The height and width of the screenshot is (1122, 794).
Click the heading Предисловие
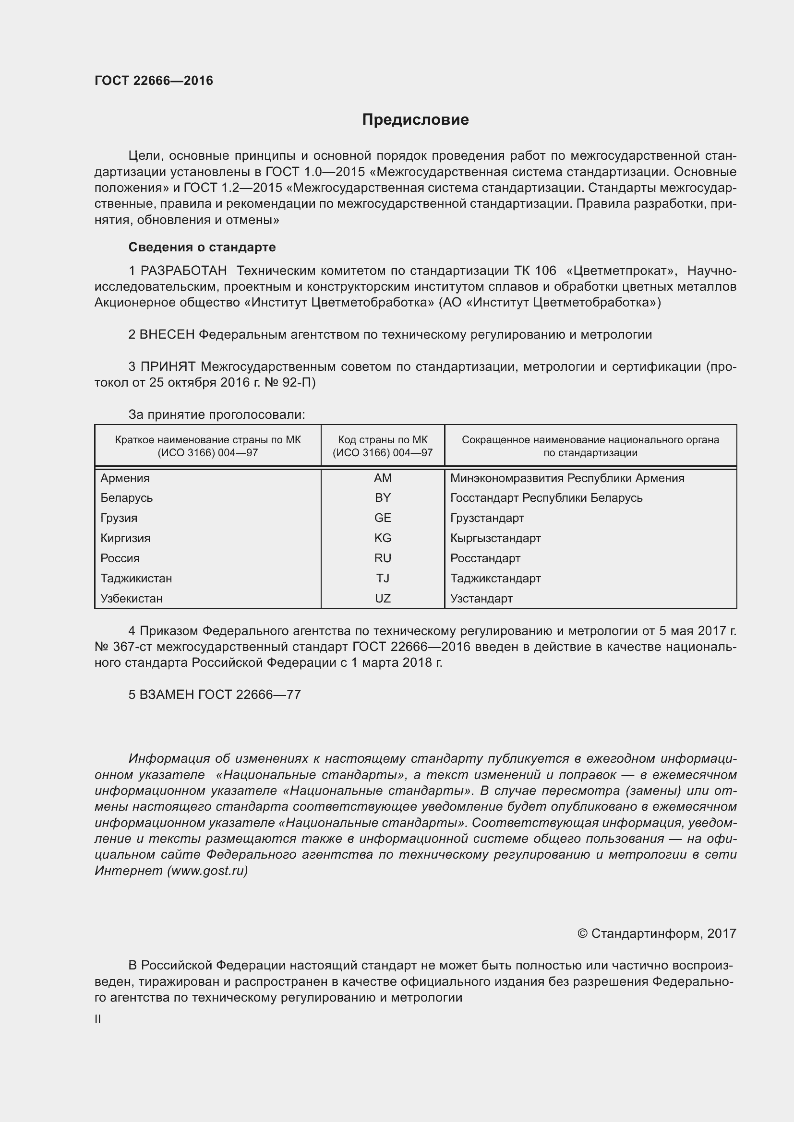(x=415, y=120)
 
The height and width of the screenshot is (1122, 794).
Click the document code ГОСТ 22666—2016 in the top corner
(x=154, y=81)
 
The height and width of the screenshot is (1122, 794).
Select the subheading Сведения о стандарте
(x=202, y=247)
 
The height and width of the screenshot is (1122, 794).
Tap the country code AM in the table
(x=382, y=478)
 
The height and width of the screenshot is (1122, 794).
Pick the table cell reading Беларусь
(x=127, y=498)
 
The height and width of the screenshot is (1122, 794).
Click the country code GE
(x=382, y=518)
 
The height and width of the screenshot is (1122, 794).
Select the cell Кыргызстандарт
(x=495, y=538)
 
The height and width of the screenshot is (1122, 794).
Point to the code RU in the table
(x=382, y=558)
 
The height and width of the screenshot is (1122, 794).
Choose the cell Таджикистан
(x=136, y=579)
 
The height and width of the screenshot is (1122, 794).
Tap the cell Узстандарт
(x=481, y=599)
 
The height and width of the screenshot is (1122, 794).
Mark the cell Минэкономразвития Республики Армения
(x=566, y=478)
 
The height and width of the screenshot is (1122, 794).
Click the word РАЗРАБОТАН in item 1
(x=183, y=271)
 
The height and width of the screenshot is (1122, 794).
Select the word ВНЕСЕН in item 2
(x=167, y=335)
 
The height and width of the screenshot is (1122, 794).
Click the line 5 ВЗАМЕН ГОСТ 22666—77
(x=215, y=695)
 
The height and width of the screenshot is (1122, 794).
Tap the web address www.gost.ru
(x=207, y=871)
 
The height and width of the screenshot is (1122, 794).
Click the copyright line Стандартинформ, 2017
(x=657, y=933)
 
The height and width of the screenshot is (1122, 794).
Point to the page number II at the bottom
(x=98, y=1019)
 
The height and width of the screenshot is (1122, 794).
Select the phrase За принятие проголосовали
(x=217, y=415)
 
